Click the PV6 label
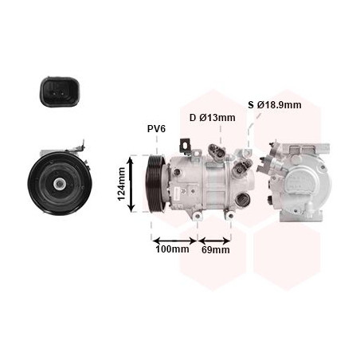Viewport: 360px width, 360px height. point(156,129)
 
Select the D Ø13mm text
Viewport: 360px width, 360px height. point(213,118)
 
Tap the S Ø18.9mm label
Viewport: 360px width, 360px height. point(275,105)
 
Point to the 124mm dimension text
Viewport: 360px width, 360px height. point(122,184)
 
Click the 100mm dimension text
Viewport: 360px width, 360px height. point(172,249)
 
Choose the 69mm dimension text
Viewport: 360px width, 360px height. point(216,250)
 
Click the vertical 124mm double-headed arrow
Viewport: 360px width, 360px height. point(131,184)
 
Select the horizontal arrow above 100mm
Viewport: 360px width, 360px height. point(174,241)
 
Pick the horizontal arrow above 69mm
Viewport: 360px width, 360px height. point(214,241)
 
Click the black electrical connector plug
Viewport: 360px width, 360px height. point(60,92)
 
